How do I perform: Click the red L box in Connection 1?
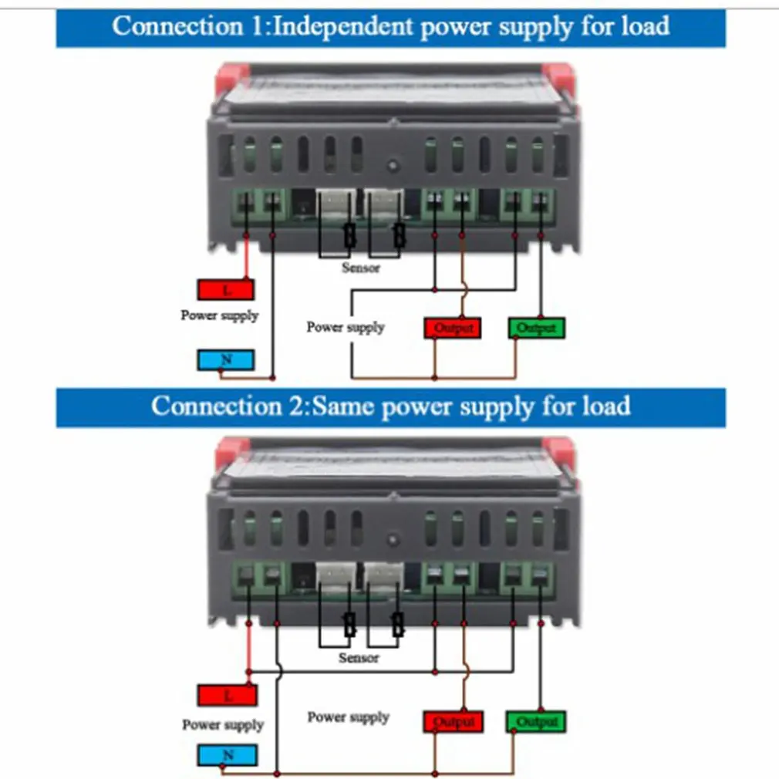coord(225,289)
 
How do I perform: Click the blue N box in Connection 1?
coord(225,359)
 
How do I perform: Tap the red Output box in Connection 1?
coord(453,328)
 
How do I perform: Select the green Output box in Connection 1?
coord(537,328)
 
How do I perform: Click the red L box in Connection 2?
coord(227,696)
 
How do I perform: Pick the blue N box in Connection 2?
coord(227,755)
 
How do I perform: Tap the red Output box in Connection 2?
coord(453,722)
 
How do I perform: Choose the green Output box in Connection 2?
coord(537,722)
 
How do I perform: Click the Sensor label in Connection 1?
coord(361,268)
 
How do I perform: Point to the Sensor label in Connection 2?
coord(359,658)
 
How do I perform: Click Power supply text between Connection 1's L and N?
coord(220,315)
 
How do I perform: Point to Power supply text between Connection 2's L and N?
coord(223,725)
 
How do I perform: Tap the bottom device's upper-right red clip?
coord(558,453)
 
